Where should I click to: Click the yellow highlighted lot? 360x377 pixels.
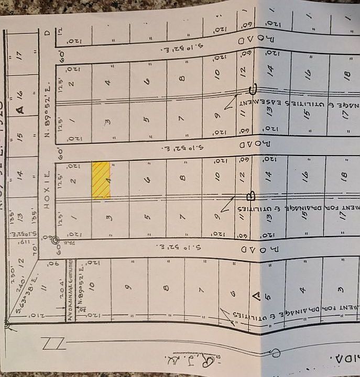[x=101, y=180]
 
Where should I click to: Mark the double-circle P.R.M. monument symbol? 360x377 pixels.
[x=54, y=240]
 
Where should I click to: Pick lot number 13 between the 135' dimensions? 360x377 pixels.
[x=21, y=216]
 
